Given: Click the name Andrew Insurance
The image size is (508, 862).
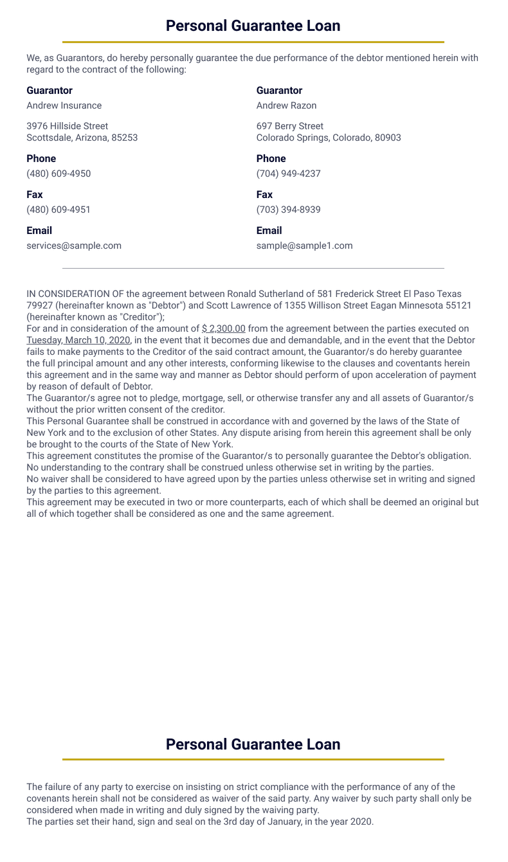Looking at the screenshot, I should [x=64, y=105].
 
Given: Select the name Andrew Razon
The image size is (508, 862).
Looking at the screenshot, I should [x=286, y=105].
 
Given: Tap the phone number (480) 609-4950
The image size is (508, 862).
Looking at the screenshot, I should [x=59, y=174].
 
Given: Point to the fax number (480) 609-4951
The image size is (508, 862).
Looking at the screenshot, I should [x=59, y=210].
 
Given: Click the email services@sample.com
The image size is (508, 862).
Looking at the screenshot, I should [x=74, y=246].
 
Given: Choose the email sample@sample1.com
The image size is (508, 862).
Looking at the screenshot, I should [x=304, y=246].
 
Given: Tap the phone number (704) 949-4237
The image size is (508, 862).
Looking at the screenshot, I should [x=288, y=174].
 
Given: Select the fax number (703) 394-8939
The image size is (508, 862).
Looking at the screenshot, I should [x=288, y=210].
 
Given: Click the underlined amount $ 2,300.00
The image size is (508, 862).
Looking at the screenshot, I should [x=224, y=328].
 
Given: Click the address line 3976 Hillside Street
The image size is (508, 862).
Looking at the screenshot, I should [x=68, y=126].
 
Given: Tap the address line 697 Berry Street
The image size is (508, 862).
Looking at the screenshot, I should [x=290, y=126].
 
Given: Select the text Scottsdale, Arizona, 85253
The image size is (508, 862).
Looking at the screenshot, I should [x=82, y=138].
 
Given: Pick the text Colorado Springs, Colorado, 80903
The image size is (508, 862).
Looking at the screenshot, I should [x=329, y=138].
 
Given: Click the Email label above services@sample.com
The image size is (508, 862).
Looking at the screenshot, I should [x=39, y=230].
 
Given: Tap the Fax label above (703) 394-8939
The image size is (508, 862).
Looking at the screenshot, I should [x=264, y=194].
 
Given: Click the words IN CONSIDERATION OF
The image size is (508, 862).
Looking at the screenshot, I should [x=75, y=294].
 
